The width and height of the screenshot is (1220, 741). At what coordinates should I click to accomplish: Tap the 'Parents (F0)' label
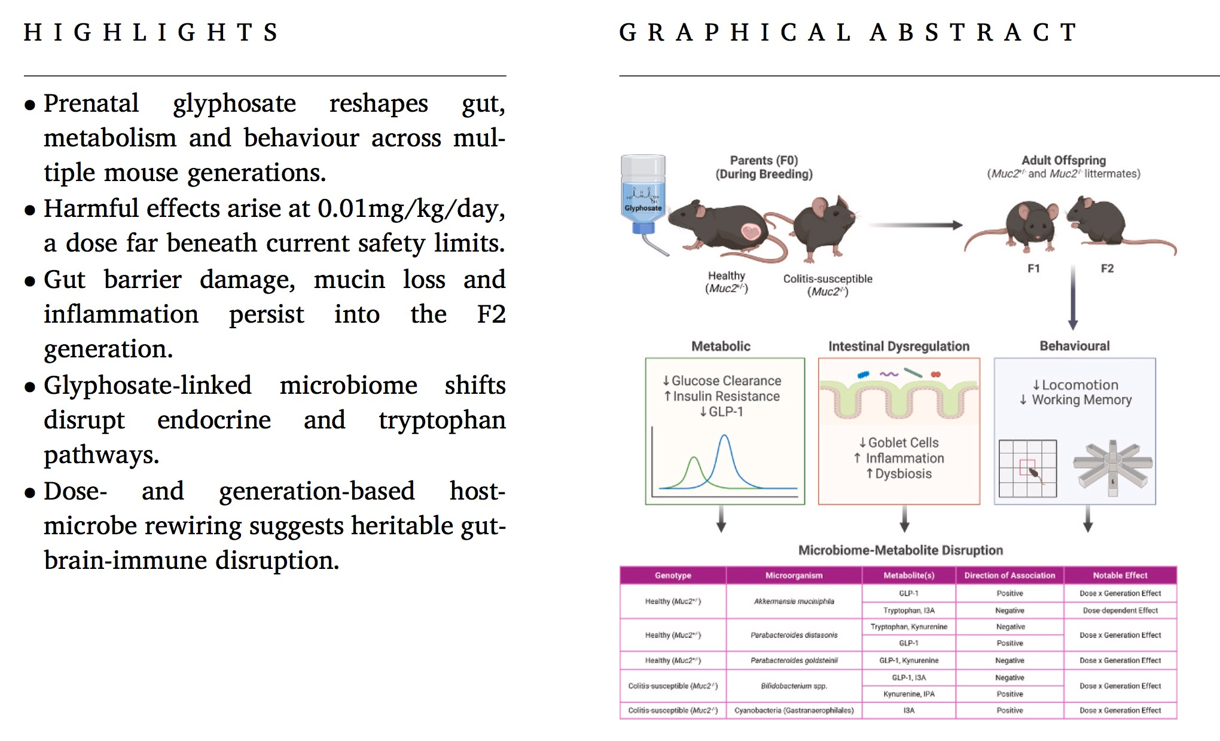point(764,160)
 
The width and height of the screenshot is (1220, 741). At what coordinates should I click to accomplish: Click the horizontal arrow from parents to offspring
point(915,225)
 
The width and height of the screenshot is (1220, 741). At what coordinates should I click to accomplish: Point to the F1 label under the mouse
point(1033,268)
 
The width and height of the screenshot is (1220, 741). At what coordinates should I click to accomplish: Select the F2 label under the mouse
point(1107,268)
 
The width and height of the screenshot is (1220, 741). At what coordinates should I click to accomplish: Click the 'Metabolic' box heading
point(721,346)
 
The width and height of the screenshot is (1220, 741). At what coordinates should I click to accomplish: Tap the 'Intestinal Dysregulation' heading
point(898,346)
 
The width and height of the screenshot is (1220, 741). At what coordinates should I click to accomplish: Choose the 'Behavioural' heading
point(1074,346)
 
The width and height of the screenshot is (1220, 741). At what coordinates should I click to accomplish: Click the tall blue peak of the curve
point(724,437)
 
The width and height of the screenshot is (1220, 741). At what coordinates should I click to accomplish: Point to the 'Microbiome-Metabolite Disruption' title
point(900,550)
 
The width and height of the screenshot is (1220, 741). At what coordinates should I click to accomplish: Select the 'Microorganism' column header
point(794,575)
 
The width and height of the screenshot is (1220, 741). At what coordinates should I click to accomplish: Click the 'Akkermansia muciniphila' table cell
point(794,601)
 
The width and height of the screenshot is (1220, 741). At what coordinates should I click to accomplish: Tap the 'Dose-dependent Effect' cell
point(1120,611)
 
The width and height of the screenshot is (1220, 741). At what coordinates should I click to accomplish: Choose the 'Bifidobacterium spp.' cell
point(794,686)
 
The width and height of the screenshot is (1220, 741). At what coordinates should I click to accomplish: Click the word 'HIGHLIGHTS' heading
point(151,32)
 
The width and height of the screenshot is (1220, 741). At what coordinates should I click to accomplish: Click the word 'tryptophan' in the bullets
point(441,420)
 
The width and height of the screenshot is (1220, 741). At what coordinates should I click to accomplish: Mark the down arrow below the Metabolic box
point(721,518)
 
